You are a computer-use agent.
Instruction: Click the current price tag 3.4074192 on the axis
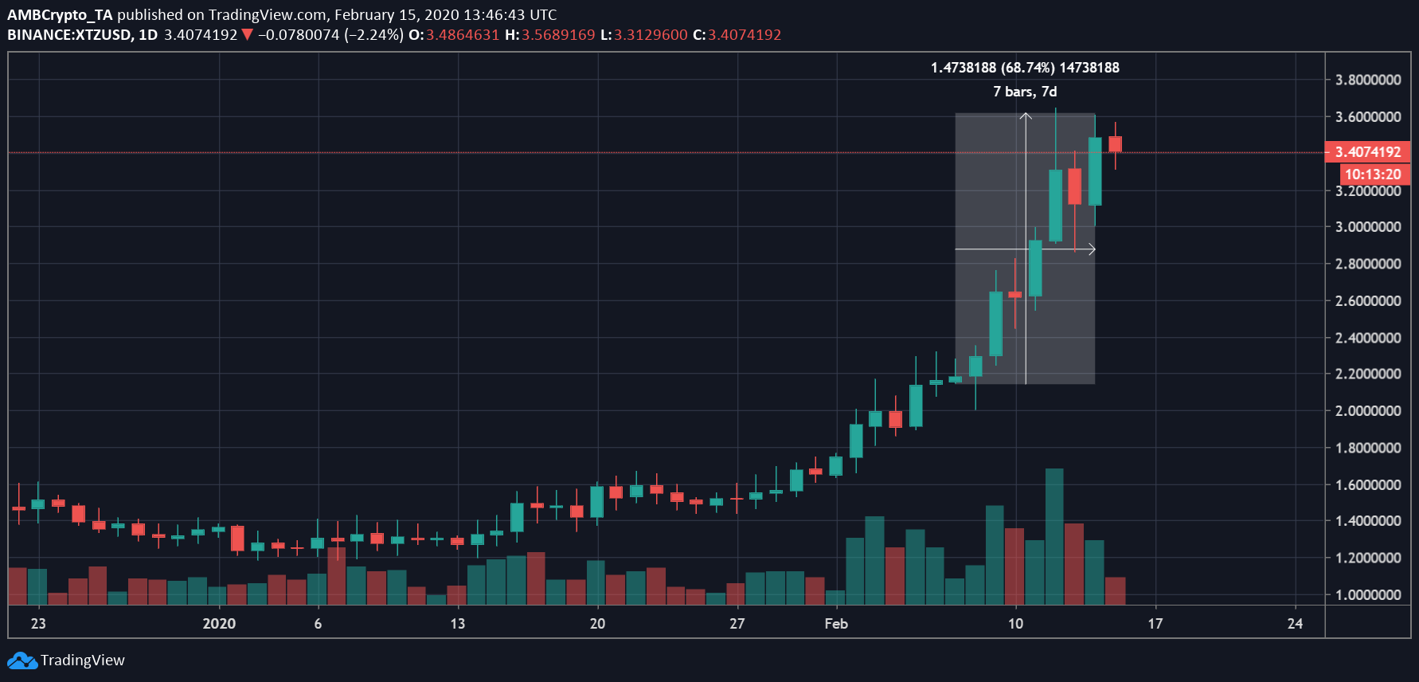1367,151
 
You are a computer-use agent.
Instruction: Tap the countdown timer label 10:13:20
1372,174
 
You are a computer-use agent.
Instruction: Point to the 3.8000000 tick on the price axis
1368,80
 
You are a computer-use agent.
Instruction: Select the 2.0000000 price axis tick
1368,411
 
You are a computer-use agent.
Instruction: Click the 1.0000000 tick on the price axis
1368,595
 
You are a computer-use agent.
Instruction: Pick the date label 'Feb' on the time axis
836,624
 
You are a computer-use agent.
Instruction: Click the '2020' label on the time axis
219,624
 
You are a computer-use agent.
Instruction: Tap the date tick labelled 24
1295,624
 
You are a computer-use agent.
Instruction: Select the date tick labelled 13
457,624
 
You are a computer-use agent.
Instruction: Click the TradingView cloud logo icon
21,660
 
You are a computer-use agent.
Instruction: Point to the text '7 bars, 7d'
1025,92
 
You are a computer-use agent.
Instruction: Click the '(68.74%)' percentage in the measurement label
1028,68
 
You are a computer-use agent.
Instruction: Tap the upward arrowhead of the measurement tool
1026,116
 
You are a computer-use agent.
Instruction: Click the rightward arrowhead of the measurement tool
1092,249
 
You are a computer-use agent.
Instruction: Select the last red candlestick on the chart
1115,144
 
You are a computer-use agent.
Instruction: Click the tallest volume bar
1054,536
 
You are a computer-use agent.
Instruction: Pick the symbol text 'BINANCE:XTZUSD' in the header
70,35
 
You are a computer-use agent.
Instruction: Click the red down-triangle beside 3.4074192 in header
247,35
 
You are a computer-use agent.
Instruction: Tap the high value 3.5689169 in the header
558,35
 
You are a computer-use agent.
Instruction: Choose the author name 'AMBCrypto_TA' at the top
60,15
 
